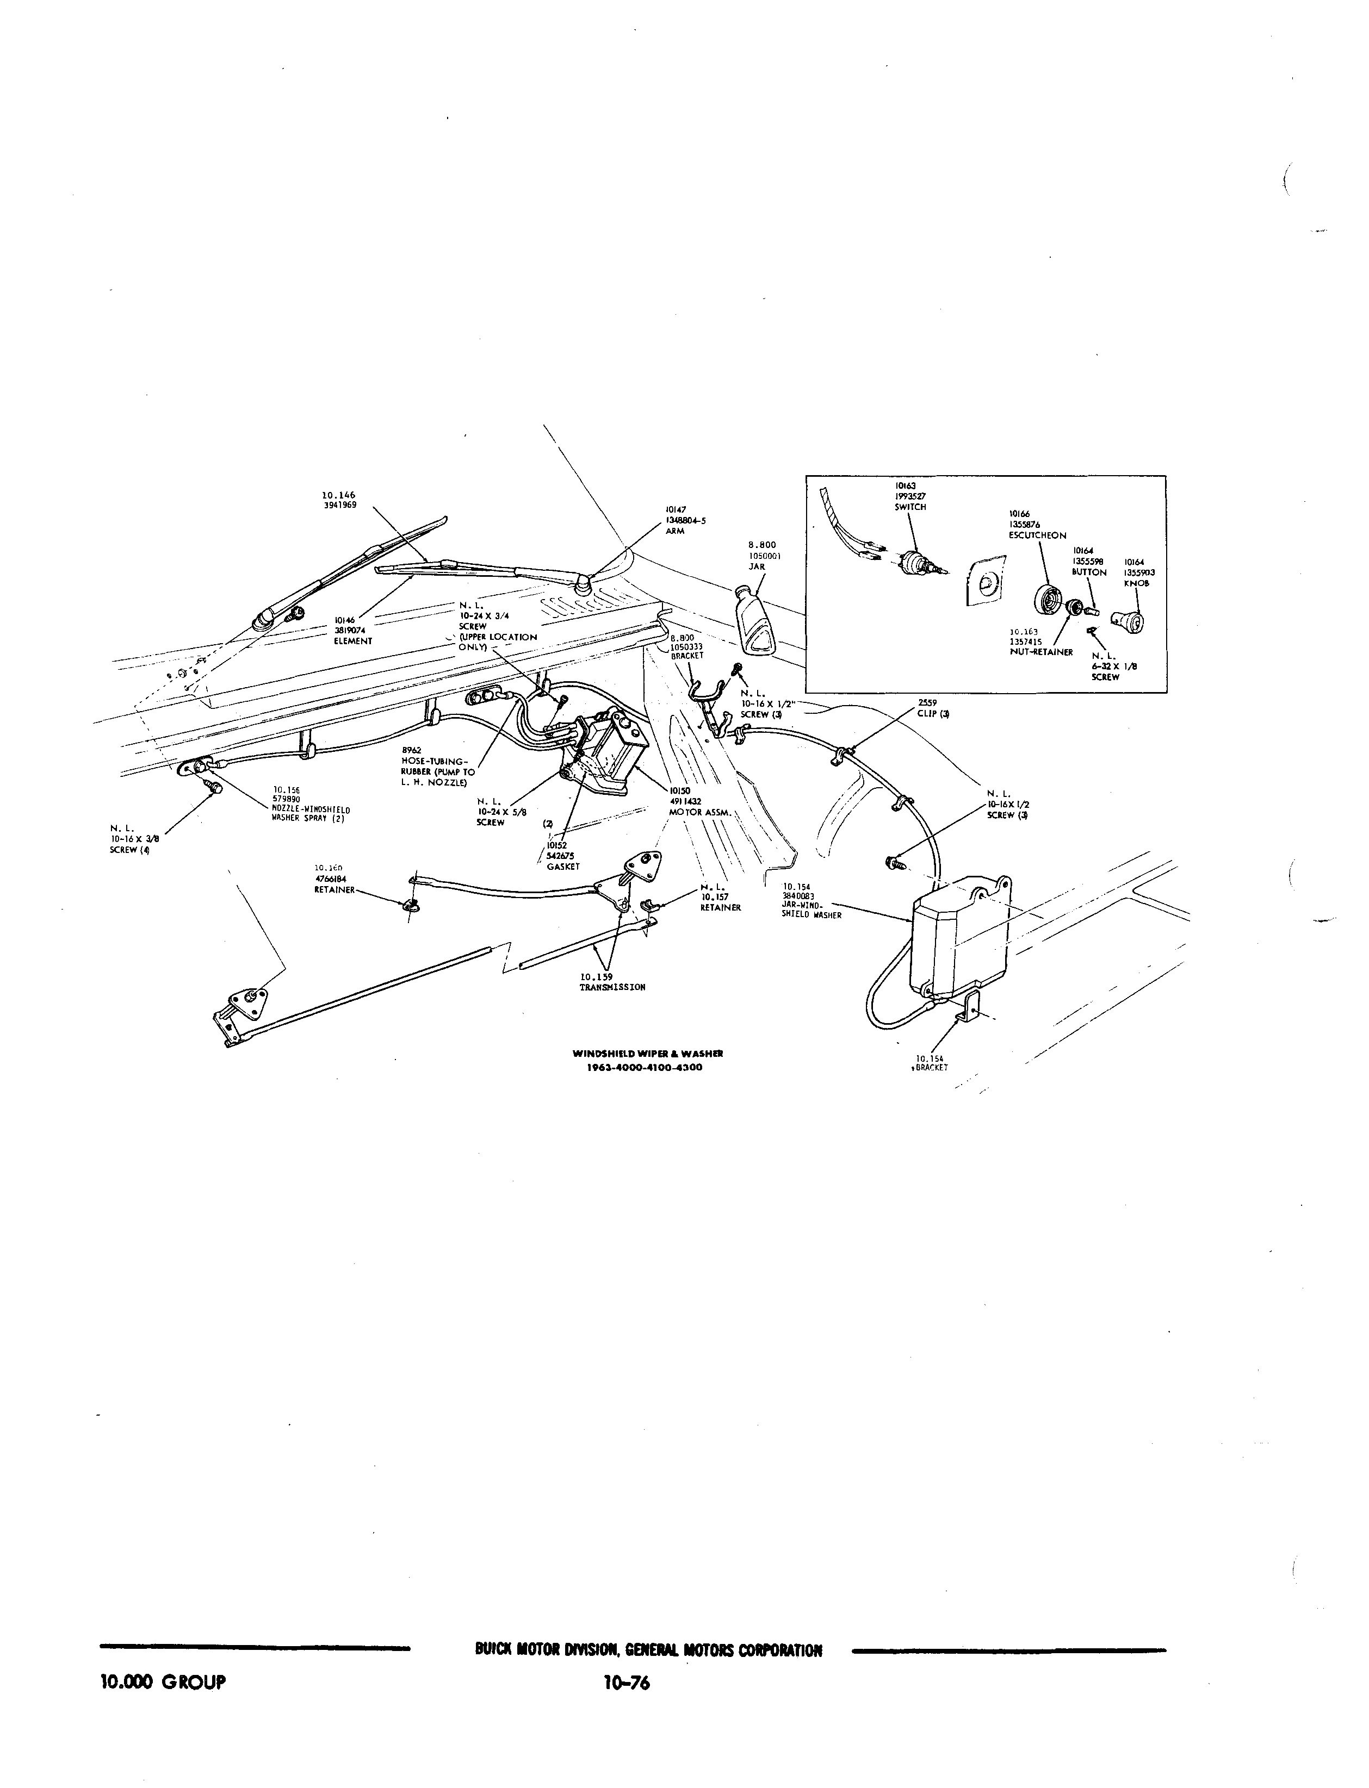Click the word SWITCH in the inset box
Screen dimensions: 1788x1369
[910, 507]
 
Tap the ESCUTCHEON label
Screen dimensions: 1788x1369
[1037, 535]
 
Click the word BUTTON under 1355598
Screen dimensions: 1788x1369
[1089, 572]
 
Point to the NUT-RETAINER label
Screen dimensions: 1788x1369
[1040, 652]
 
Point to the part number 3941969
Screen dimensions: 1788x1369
[340, 505]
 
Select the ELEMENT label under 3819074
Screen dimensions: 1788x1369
[353, 641]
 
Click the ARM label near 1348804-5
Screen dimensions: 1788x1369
[675, 530]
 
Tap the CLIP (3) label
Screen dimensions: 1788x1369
[933, 714]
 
